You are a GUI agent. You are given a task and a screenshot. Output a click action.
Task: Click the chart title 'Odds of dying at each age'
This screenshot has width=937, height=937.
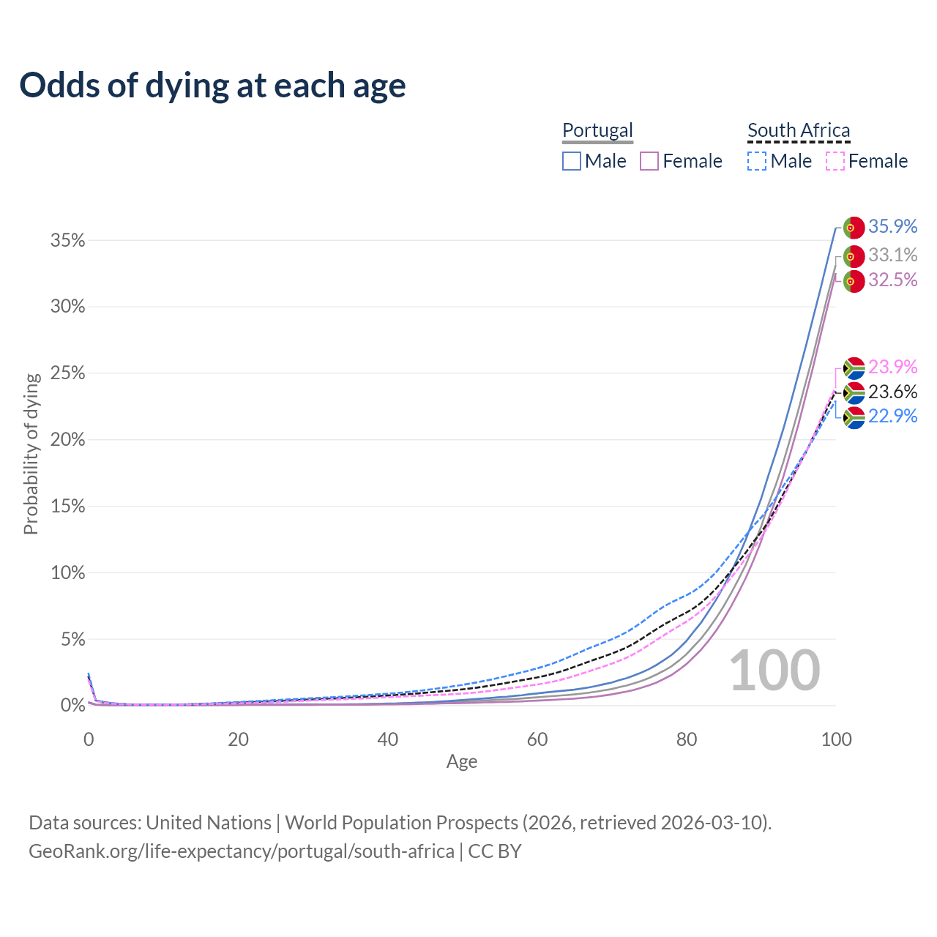pyautogui.click(x=212, y=86)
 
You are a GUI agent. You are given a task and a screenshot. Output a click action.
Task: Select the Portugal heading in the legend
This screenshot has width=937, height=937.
pyautogui.click(x=597, y=130)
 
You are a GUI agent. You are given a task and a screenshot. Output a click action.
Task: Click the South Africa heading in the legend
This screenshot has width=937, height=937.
pyautogui.click(x=799, y=130)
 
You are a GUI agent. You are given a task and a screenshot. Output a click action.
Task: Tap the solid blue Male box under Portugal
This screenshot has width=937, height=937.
pyautogui.click(x=571, y=161)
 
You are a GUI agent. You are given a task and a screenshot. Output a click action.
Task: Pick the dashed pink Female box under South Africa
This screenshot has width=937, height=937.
pyautogui.click(x=835, y=161)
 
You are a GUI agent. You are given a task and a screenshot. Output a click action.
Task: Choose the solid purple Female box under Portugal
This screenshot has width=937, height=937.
pyautogui.click(x=649, y=161)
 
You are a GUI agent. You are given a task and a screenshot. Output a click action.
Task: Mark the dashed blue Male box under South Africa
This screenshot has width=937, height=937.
pyautogui.click(x=757, y=161)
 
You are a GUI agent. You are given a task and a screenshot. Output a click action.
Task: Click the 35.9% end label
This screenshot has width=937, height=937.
pyautogui.click(x=893, y=226)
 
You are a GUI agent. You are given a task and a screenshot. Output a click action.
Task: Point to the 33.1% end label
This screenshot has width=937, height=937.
pyautogui.click(x=893, y=255)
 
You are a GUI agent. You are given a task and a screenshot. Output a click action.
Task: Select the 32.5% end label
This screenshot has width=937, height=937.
pyautogui.click(x=893, y=280)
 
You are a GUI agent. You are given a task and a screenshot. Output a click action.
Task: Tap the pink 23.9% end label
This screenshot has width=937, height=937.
pyautogui.click(x=893, y=367)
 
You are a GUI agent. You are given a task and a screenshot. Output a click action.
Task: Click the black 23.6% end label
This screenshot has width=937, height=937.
pyautogui.click(x=893, y=392)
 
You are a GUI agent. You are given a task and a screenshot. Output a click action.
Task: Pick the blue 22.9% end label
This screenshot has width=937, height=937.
pyautogui.click(x=893, y=417)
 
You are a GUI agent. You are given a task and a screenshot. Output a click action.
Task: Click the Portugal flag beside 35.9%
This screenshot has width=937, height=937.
pyautogui.click(x=854, y=228)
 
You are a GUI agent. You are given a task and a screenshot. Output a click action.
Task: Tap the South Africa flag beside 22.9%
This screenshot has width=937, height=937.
pyautogui.click(x=854, y=418)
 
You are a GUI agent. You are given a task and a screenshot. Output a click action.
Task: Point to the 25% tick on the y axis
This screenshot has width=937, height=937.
pyautogui.click(x=67, y=373)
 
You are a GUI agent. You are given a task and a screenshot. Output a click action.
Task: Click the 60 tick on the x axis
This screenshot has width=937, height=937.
pyautogui.click(x=537, y=739)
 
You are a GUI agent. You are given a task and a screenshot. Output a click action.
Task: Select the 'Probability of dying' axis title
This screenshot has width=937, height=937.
pyautogui.click(x=31, y=454)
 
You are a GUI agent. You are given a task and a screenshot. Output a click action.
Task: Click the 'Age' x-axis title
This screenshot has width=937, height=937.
pyautogui.click(x=462, y=762)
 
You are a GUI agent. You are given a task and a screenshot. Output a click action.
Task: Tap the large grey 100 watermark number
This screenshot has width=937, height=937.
pyautogui.click(x=774, y=671)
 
